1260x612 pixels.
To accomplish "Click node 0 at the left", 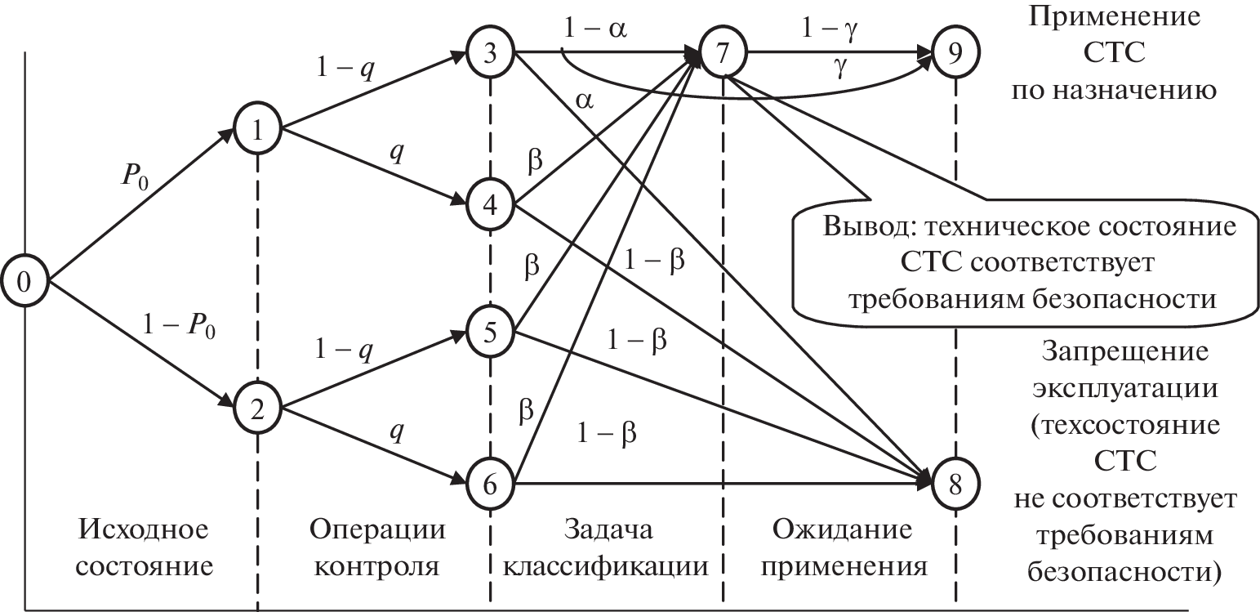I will point(24,282).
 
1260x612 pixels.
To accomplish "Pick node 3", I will point(489,54).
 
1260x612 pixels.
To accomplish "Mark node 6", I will point(489,483).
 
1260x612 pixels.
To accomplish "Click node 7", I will point(723,54).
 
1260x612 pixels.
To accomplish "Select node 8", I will point(955,483).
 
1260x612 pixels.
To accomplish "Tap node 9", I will point(955,54).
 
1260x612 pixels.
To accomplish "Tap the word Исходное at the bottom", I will point(144,530).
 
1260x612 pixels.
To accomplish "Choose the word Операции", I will point(378,530).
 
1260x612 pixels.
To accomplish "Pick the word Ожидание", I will point(841,530).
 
